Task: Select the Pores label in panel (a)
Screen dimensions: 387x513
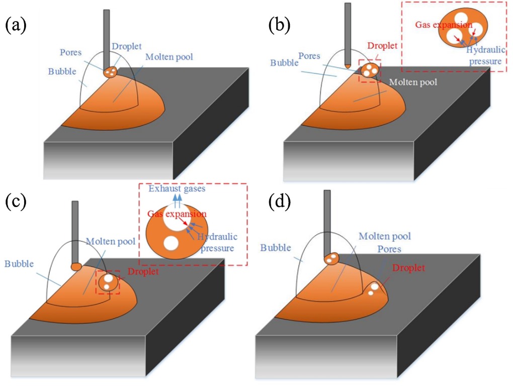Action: click(x=71, y=51)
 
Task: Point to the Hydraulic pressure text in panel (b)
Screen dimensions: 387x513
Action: click(x=484, y=55)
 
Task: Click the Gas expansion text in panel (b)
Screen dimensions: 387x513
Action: click(x=444, y=24)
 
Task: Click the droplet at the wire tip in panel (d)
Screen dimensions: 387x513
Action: click(x=331, y=259)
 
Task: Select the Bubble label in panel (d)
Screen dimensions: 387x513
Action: click(x=276, y=247)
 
